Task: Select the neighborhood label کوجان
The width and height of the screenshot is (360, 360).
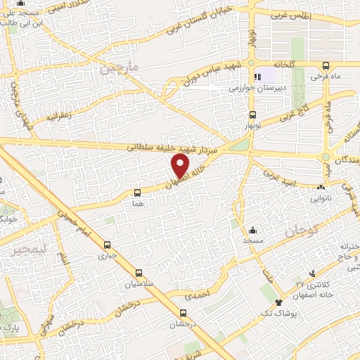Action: (303, 229)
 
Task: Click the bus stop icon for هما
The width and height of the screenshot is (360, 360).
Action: (137, 191)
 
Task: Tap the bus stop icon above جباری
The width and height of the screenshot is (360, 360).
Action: (107, 245)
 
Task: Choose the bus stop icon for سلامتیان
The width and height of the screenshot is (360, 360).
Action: (138, 274)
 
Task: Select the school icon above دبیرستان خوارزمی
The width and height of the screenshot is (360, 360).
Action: (258, 77)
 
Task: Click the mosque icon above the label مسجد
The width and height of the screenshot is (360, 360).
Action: (253, 230)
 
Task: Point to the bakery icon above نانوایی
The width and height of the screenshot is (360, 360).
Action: (321, 188)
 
